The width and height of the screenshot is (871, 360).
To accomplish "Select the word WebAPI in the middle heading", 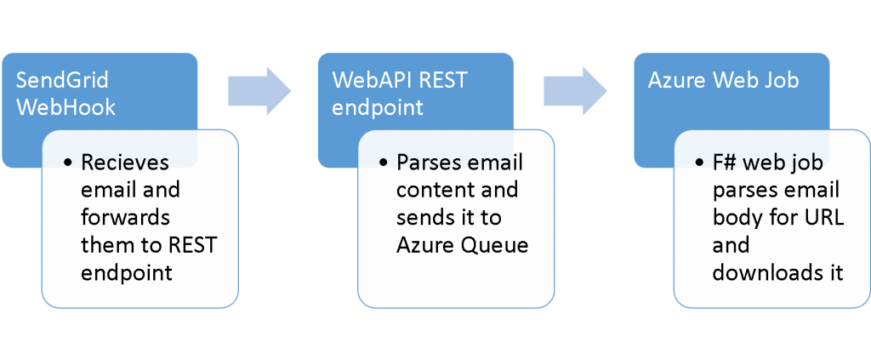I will pos(367,81).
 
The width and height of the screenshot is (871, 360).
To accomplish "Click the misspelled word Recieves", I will pos(125,162).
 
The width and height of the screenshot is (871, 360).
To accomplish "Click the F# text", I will pos(726,162).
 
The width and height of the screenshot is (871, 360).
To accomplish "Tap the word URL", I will pos(821,217).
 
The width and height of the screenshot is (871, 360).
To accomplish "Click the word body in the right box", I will pos(736,217).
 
